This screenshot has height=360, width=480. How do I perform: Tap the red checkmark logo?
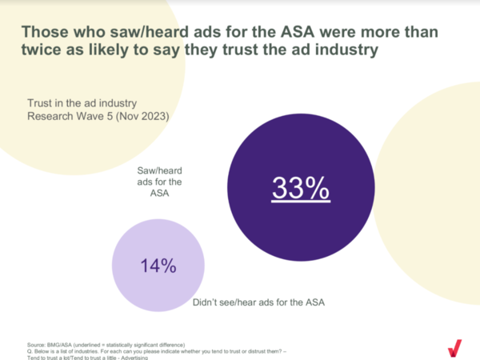click(454, 347)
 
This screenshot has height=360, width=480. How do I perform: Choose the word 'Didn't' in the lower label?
click(209, 303)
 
